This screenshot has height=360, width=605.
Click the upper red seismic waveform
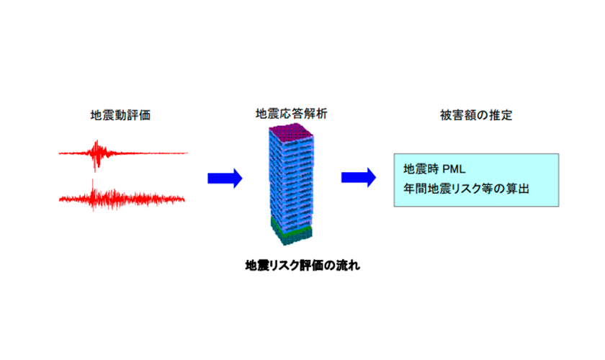click(122, 153)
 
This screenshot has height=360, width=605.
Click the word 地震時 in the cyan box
click(420, 171)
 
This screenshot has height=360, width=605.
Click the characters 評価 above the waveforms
click(140, 115)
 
